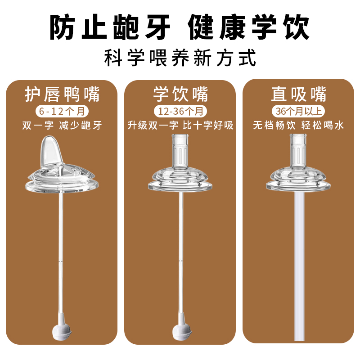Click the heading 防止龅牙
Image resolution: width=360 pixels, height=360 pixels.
(x=110, y=28)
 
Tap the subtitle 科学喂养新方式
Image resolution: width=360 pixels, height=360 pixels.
(x=180, y=58)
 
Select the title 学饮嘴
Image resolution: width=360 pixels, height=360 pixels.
(x=180, y=95)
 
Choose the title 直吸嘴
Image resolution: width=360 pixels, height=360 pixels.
(x=298, y=95)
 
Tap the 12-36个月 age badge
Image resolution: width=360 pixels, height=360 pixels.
(x=180, y=111)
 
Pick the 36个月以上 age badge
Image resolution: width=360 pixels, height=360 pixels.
(x=298, y=111)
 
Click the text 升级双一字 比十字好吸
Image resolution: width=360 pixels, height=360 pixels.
(x=180, y=126)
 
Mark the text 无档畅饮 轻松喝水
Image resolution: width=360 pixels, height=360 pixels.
(x=298, y=126)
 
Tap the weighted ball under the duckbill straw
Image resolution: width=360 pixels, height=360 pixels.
(x=62, y=332)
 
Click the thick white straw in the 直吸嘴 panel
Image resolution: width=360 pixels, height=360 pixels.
(x=298, y=270)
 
